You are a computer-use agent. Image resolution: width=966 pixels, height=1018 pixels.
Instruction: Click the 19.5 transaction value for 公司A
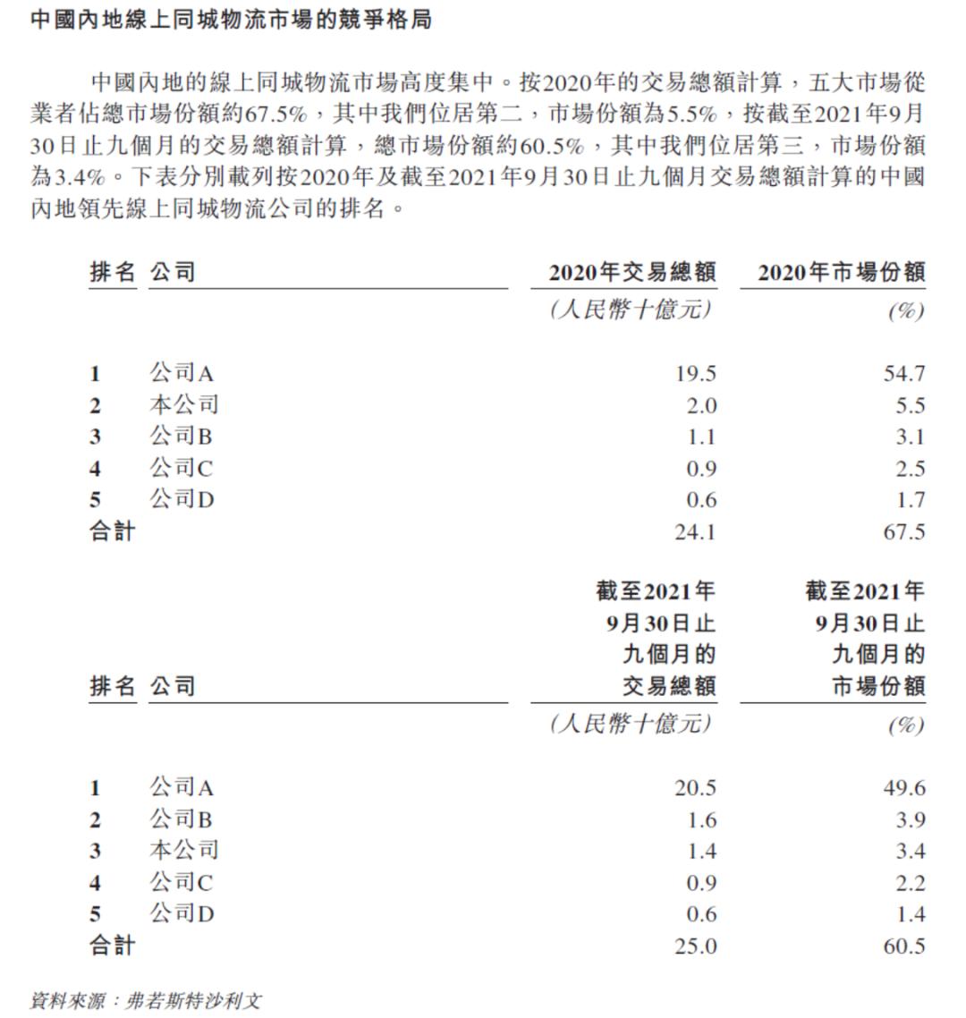coord(695,374)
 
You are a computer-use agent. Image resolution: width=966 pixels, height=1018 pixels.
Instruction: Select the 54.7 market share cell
coord(904,374)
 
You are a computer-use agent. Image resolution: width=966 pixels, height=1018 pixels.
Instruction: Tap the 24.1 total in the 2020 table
coord(695,532)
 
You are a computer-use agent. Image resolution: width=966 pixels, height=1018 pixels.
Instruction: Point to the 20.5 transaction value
coord(695,788)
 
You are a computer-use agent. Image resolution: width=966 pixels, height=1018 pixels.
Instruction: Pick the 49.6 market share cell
coord(904,788)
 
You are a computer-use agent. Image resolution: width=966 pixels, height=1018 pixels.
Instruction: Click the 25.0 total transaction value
coord(695,946)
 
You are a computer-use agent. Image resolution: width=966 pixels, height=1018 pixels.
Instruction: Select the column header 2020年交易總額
coord(631,272)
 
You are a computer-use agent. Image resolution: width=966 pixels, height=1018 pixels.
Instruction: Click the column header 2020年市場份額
coord(841,272)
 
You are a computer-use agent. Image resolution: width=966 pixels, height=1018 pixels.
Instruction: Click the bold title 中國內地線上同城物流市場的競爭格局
coord(231,19)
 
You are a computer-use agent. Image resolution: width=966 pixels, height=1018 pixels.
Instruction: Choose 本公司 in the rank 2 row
coord(183,405)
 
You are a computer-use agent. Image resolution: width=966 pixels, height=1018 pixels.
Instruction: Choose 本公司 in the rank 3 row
coord(183,851)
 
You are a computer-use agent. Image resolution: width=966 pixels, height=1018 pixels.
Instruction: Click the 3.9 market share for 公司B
coord(910,819)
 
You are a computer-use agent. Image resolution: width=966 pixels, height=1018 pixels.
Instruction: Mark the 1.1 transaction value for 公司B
coord(701,437)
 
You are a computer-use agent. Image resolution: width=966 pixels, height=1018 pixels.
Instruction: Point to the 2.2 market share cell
coord(910,883)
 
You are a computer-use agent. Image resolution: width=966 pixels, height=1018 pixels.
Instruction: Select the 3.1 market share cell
coord(910,437)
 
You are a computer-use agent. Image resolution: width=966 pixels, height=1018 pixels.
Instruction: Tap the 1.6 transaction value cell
coord(701,819)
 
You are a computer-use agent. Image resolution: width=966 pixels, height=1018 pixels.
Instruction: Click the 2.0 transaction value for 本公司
coord(701,405)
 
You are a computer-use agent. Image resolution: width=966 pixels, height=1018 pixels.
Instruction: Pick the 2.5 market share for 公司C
coord(910,469)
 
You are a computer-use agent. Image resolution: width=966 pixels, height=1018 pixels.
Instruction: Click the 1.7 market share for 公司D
coord(910,500)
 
